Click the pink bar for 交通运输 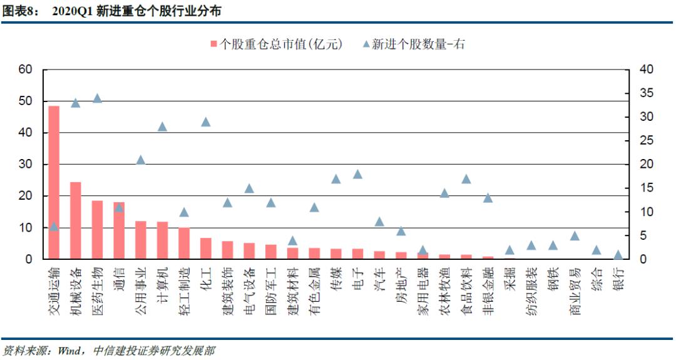tap(54, 182)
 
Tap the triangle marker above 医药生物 tap(97, 98)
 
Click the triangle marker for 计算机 tap(162, 126)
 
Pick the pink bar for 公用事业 tap(140, 240)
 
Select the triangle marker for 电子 tap(357, 174)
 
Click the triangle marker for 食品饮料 tap(466, 179)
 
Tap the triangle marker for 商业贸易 tap(575, 236)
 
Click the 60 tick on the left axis tap(25, 69)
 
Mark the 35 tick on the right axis tap(644, 93)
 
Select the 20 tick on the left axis tap(25, 196)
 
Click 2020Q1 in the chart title tap(72, 11)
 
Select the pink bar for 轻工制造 tap(184, 243)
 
